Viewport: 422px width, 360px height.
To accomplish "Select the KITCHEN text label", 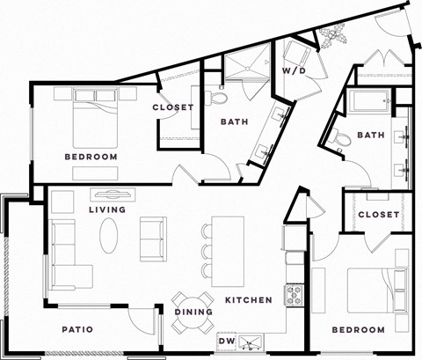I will (x=248, y=301).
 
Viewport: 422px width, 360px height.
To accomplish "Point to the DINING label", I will (x=190, y=312).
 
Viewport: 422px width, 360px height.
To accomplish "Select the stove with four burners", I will (x=293, y=292).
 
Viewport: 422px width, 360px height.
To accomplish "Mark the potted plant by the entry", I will (x=333, y=36).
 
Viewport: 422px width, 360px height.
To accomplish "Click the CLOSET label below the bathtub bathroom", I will (x=379, y=215).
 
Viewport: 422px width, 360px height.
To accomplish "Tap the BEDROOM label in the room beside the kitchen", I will (x=358, y=330).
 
